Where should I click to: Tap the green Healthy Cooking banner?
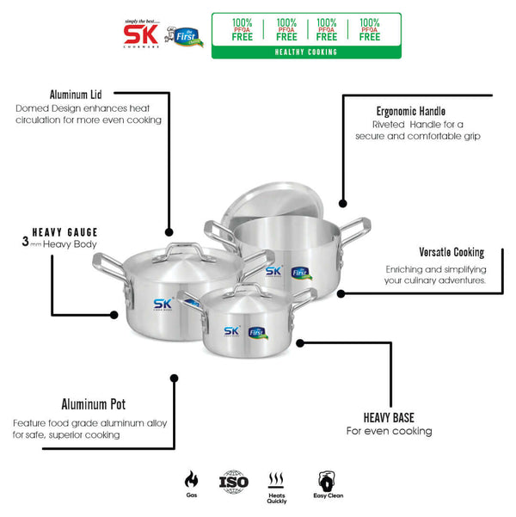click(306, 52)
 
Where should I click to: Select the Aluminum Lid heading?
click(77, 94)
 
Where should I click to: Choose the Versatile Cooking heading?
click(451, 253)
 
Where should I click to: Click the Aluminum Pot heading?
click(95, 404)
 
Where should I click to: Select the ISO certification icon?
click(234, 481)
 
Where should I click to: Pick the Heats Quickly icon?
click(277, 481)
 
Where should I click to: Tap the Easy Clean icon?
click(326, 480)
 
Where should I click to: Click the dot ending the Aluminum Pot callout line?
click(175, 376)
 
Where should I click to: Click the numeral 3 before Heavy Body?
click(26, 243)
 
